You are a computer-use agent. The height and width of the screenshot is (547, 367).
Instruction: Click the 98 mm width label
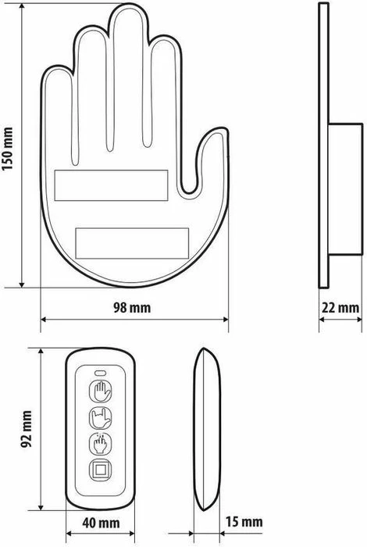[132, 306]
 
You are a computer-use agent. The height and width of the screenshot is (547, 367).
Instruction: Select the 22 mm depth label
[340, 306]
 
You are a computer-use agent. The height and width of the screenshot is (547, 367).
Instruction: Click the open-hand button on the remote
[99, 390]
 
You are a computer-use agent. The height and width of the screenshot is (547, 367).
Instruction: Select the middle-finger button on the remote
[99, 443]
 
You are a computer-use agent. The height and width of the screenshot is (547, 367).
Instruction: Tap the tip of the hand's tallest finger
[126, 17]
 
